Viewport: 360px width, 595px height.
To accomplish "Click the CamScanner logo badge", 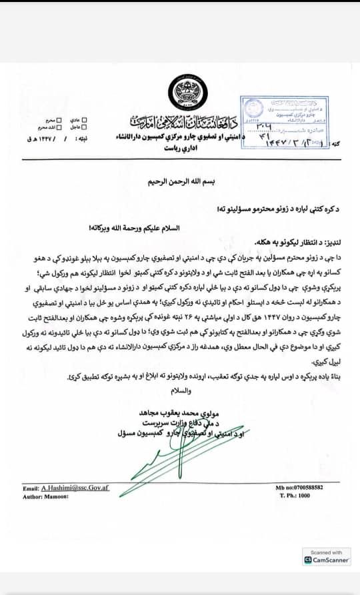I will pyautogui.click(x=326, y=560).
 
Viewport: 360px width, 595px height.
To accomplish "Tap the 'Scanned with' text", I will pyautogui.click(x=326, y=552).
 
